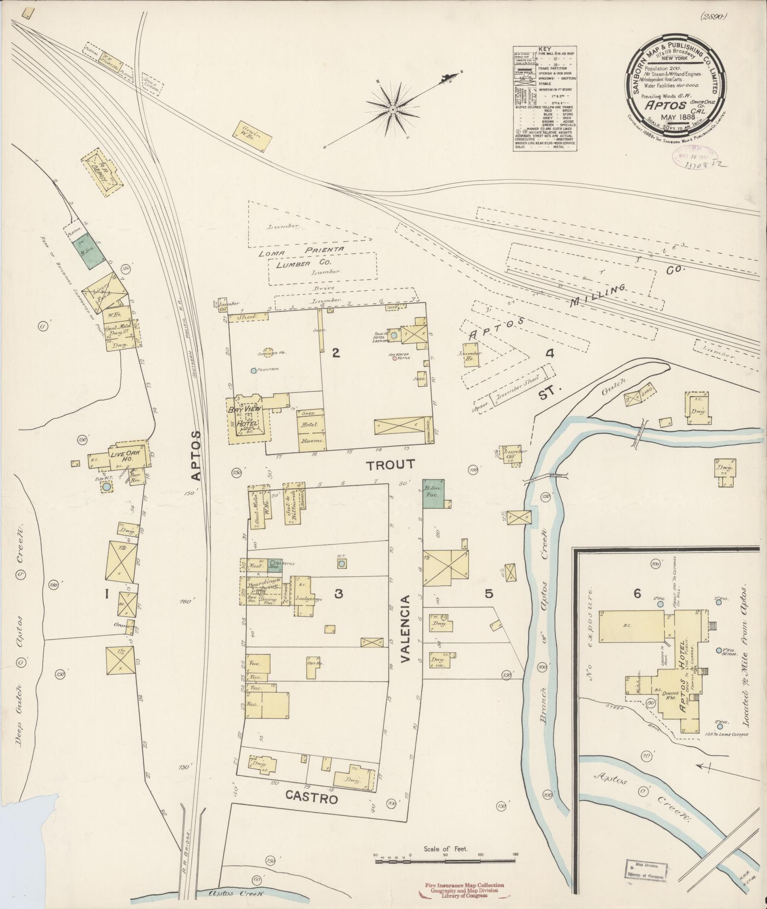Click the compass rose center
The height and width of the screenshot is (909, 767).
tap(393, 110)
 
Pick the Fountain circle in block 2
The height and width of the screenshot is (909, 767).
tap(253, 370)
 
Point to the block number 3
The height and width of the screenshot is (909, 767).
tap(338, 593)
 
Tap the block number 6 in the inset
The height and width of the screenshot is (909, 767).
tap(637, 593)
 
